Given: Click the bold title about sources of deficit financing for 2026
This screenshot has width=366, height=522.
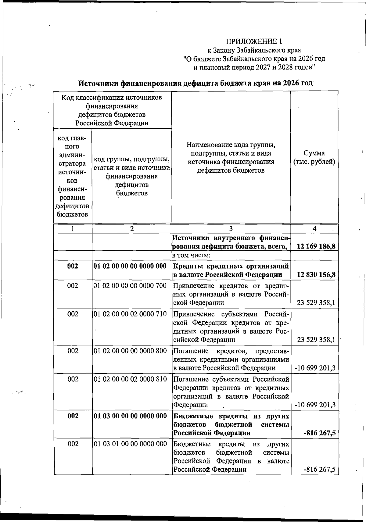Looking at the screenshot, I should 196,83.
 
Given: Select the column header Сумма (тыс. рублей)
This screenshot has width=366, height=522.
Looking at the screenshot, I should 314,157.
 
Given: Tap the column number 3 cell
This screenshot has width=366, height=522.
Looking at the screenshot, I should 231,229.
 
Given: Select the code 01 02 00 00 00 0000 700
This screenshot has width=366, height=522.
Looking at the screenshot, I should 130,286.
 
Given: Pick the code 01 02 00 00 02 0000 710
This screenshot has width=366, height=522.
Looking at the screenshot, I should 130,314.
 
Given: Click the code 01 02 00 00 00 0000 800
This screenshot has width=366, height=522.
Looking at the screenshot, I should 130,351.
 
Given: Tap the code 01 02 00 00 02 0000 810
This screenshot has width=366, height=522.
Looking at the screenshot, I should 130,379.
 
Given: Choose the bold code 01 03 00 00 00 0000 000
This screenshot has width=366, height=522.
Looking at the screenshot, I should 130,416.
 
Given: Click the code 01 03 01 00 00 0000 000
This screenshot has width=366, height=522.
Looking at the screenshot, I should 130,444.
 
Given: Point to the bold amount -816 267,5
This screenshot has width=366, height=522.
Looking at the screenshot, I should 319,433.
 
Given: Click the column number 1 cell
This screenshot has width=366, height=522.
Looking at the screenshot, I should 73,229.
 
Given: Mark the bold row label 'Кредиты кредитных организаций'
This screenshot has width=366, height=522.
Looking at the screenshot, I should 231,266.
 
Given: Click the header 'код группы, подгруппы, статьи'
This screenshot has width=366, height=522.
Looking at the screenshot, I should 131,159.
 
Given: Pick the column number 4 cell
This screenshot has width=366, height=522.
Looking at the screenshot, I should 314,229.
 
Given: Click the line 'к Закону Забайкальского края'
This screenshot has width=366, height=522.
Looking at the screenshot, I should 254,50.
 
